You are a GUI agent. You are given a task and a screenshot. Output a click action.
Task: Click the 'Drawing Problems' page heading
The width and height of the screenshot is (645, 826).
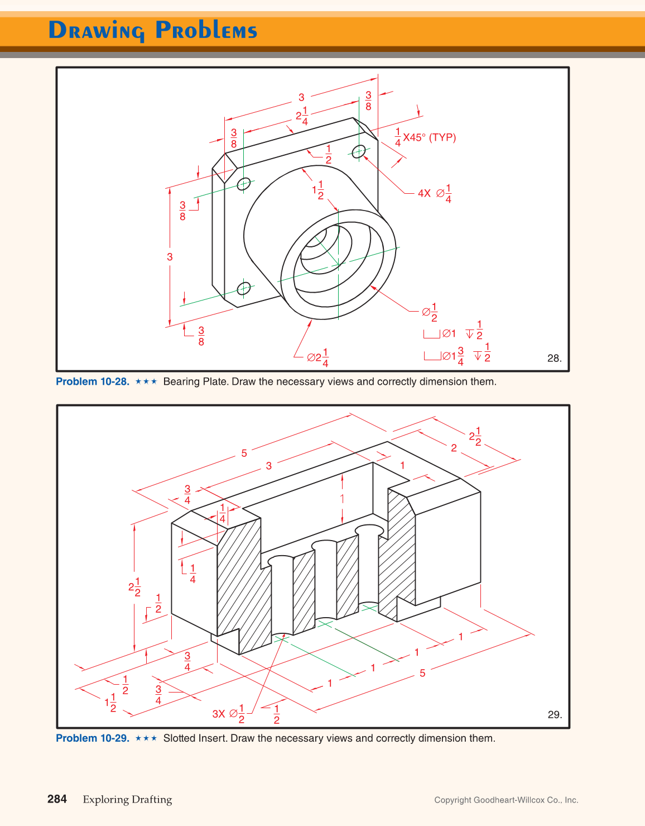tap(152, 30)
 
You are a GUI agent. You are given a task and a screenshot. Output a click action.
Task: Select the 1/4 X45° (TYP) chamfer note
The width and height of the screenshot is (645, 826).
tap(425, 137)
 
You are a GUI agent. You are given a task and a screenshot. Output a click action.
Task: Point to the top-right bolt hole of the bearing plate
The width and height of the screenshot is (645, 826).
tap(359, 151)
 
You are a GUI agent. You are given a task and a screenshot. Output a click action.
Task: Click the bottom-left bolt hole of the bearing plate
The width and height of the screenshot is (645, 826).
tap(244, 288)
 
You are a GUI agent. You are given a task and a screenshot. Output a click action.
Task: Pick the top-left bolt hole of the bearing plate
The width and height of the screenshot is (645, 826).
tap(244, 184)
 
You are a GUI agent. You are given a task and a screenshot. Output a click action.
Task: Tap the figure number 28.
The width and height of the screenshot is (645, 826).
tap(554, 358)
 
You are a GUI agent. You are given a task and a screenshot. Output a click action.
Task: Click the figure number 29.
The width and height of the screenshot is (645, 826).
tap(555, 714)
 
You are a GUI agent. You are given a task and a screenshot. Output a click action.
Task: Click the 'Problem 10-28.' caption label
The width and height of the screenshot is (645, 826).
tap(93, 381)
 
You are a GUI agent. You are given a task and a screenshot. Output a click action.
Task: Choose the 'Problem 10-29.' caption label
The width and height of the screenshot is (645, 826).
tap(93, 738)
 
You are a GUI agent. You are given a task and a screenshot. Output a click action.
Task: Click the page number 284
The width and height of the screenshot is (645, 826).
tap(57, 799)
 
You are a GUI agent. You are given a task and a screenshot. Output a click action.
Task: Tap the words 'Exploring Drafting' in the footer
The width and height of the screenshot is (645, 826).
tap(127, 800)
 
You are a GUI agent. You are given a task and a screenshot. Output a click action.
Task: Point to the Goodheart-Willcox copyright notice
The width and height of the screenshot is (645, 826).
tap(506, 800)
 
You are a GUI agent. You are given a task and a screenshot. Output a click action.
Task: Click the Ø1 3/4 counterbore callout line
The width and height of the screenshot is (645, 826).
tap(457, 356)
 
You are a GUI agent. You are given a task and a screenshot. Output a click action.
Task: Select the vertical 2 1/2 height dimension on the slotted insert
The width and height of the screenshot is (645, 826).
tap(134, 587)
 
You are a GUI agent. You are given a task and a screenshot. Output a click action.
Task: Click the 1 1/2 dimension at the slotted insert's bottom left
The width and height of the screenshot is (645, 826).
tap(110, 702)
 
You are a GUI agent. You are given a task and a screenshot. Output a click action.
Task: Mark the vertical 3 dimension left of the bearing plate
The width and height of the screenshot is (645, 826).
tap(170, 257)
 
